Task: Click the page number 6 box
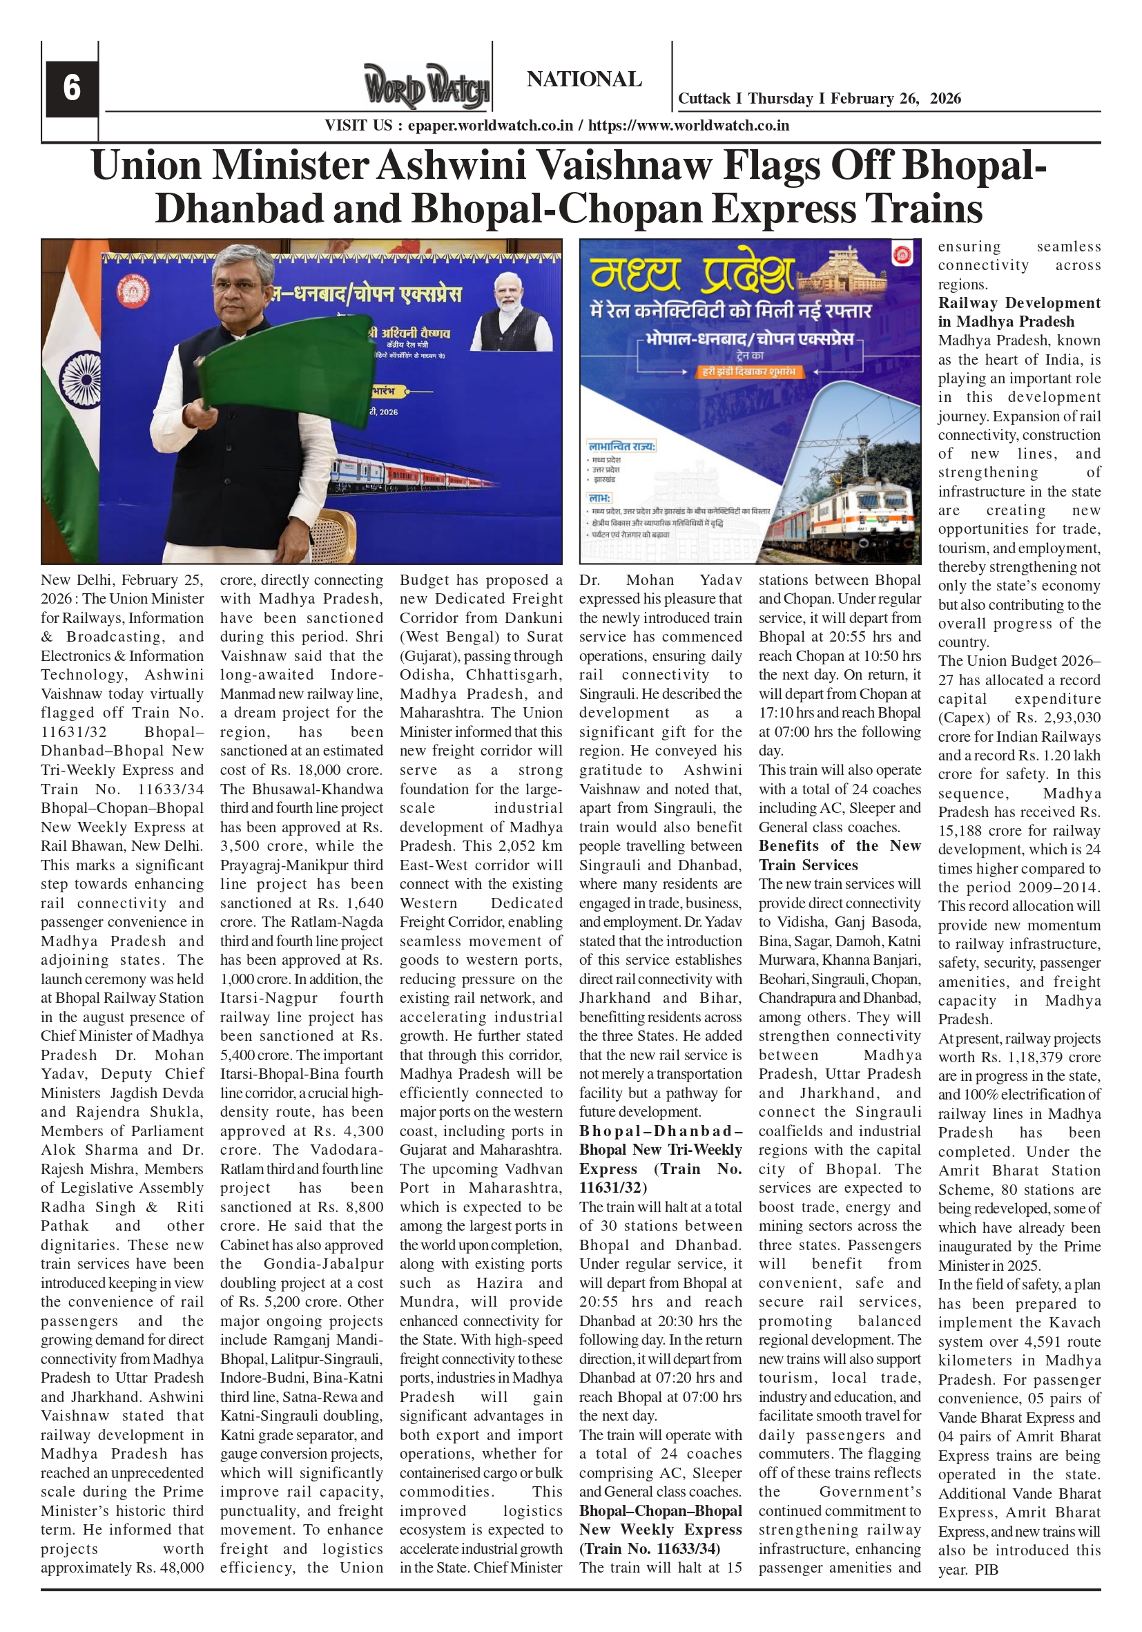pyautogui.click(x=71, y=88)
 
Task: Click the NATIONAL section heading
pyautogui.click(x=583, y=79)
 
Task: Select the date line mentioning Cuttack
pyautogui.click(x=819, y=99)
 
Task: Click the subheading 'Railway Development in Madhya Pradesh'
pyautogui.click(x=1018, y=312)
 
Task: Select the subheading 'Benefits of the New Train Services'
pyautogui.click(x=840, y=855)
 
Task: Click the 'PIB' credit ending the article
pyautogui.click(x=987, y=1569)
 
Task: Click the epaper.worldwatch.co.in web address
pyautogui.click(x=490, y=126)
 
